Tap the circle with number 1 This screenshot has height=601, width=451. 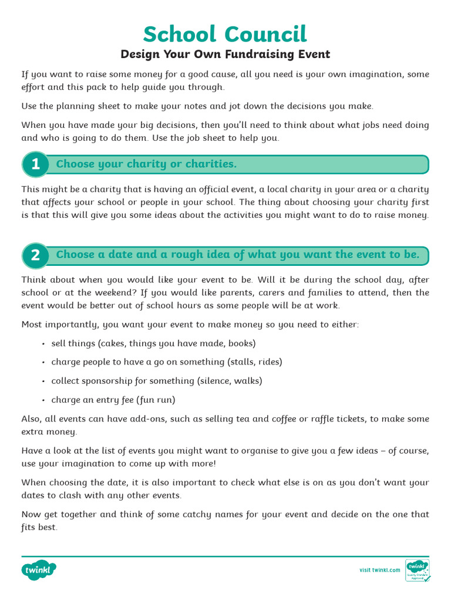pyautogui.click(x=36, y=164)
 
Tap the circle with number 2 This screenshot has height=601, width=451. pyautogui.click(x=36, y=255)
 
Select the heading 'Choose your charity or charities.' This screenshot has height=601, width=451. pyautogui.click(x=146, y=164)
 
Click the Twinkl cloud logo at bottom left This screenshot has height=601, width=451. pyautogui.click(x=39, y=569)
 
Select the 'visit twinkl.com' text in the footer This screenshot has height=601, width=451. pyautogui.click(x=379, y=570)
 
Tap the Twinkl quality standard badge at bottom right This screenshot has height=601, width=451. pyautogui.click(x=418, y=570)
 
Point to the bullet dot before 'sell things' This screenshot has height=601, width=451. pyautogui.click(x=45, y=344)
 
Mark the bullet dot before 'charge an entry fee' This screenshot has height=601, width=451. pyautogui.click(x=45, y=400)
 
